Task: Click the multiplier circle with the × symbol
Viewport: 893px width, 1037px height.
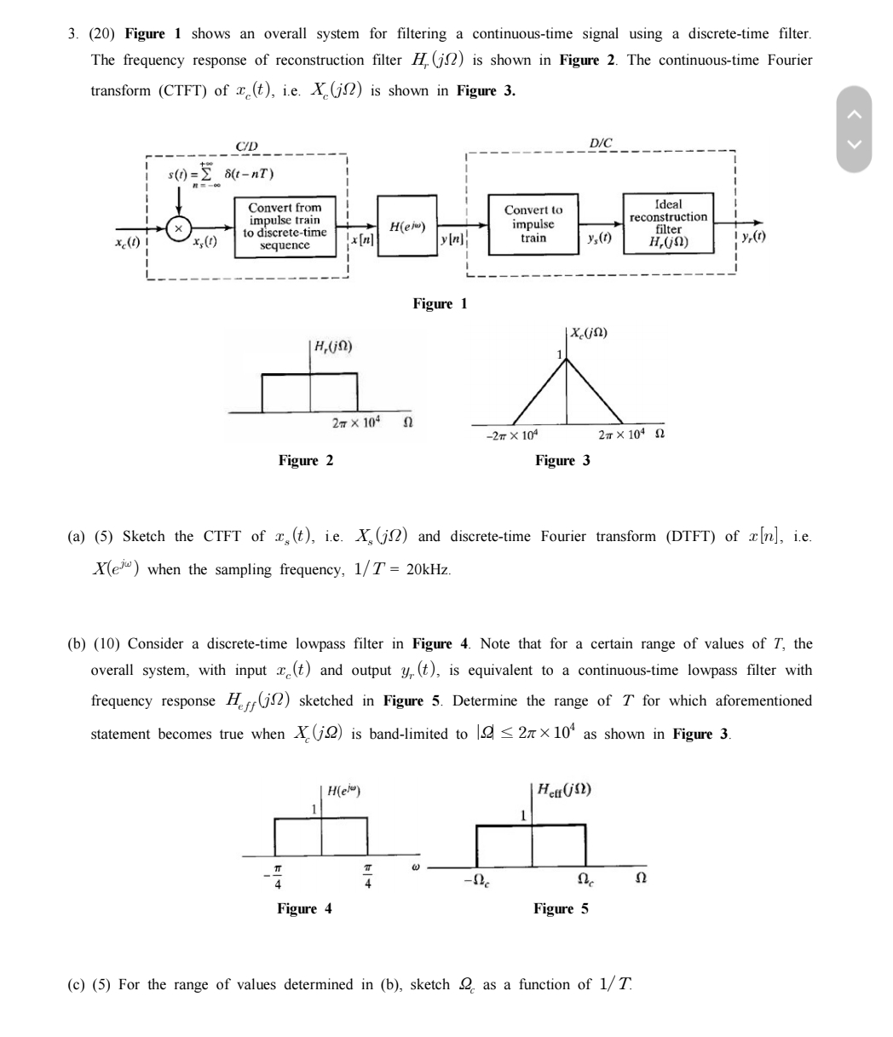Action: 178,228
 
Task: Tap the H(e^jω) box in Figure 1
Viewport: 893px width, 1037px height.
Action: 407,227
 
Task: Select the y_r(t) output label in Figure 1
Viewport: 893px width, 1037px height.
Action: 753,235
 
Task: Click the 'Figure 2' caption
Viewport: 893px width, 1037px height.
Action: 306,461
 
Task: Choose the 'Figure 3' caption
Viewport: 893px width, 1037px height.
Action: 562,461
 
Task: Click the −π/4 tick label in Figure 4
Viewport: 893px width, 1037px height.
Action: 275,877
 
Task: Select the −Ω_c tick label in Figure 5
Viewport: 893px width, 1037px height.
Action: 476,878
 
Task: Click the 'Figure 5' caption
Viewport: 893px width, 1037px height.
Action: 561,909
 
